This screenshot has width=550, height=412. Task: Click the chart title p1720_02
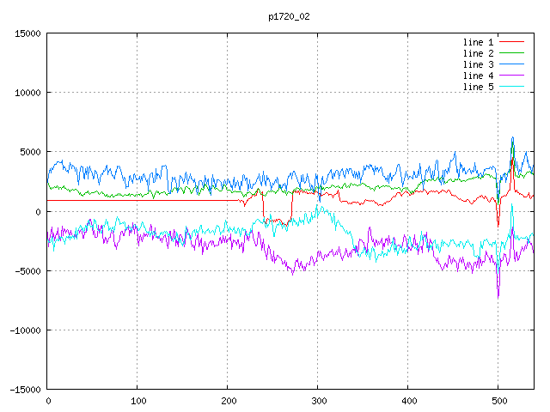289,17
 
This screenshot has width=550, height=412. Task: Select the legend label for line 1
478,42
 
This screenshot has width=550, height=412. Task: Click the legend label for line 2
478,53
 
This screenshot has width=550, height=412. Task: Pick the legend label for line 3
478,65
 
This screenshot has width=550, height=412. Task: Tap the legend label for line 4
478,76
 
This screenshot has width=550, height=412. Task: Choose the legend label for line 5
478,87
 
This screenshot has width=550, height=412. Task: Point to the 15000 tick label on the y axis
27,33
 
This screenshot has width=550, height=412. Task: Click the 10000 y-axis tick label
27,93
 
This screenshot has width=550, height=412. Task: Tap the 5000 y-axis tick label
31,153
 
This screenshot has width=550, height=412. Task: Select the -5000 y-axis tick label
27,271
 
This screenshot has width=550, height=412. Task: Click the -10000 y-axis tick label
25,330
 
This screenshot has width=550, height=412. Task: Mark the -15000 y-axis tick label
25,390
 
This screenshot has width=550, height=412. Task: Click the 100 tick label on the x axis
138,401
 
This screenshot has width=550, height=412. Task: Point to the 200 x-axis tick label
229,401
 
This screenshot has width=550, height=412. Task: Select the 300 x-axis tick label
319,401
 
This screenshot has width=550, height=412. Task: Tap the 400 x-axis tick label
409,401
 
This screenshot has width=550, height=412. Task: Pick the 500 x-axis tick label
499,401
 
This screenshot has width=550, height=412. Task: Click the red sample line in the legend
511,42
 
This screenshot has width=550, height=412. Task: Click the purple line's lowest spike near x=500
498,298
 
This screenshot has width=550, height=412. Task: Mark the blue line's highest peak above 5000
512,137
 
